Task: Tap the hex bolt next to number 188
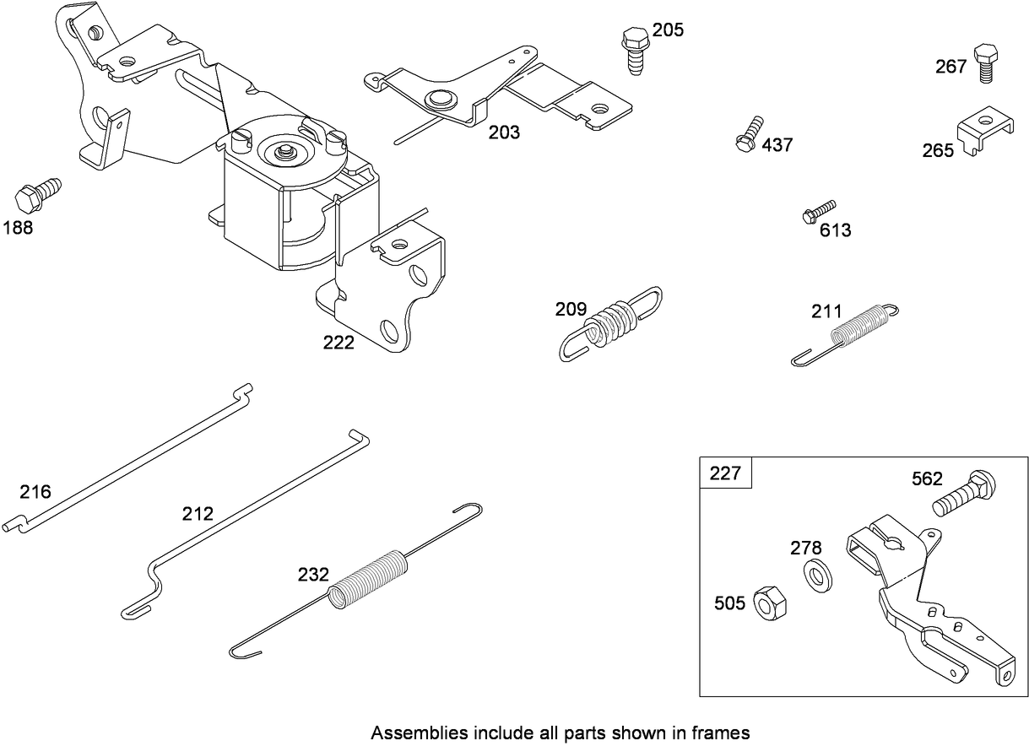click(36, 192)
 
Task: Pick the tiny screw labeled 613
click(817, 211)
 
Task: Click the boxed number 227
click(725, 473)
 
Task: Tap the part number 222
click(338, 343)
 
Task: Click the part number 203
click(504, 132)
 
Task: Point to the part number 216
click(35, 492)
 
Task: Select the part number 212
click(198, 513)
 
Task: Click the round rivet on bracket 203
click(438, 99)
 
